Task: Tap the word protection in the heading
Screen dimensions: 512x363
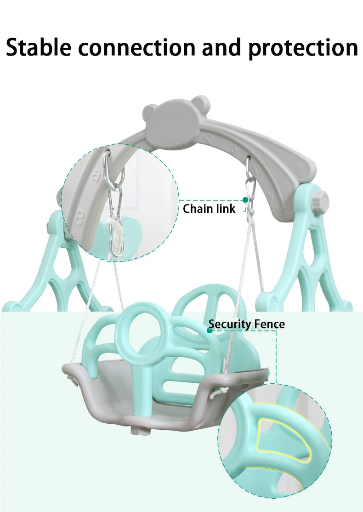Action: [303, 48]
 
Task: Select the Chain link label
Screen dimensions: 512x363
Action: [209, 209]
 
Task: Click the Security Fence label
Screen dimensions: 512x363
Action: [246, 324]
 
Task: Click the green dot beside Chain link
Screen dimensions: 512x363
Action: [245, 200]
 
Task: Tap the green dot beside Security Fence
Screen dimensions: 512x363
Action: [210, 330]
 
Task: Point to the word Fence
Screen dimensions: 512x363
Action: [269, 324]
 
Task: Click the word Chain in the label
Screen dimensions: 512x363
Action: [198, 209]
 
